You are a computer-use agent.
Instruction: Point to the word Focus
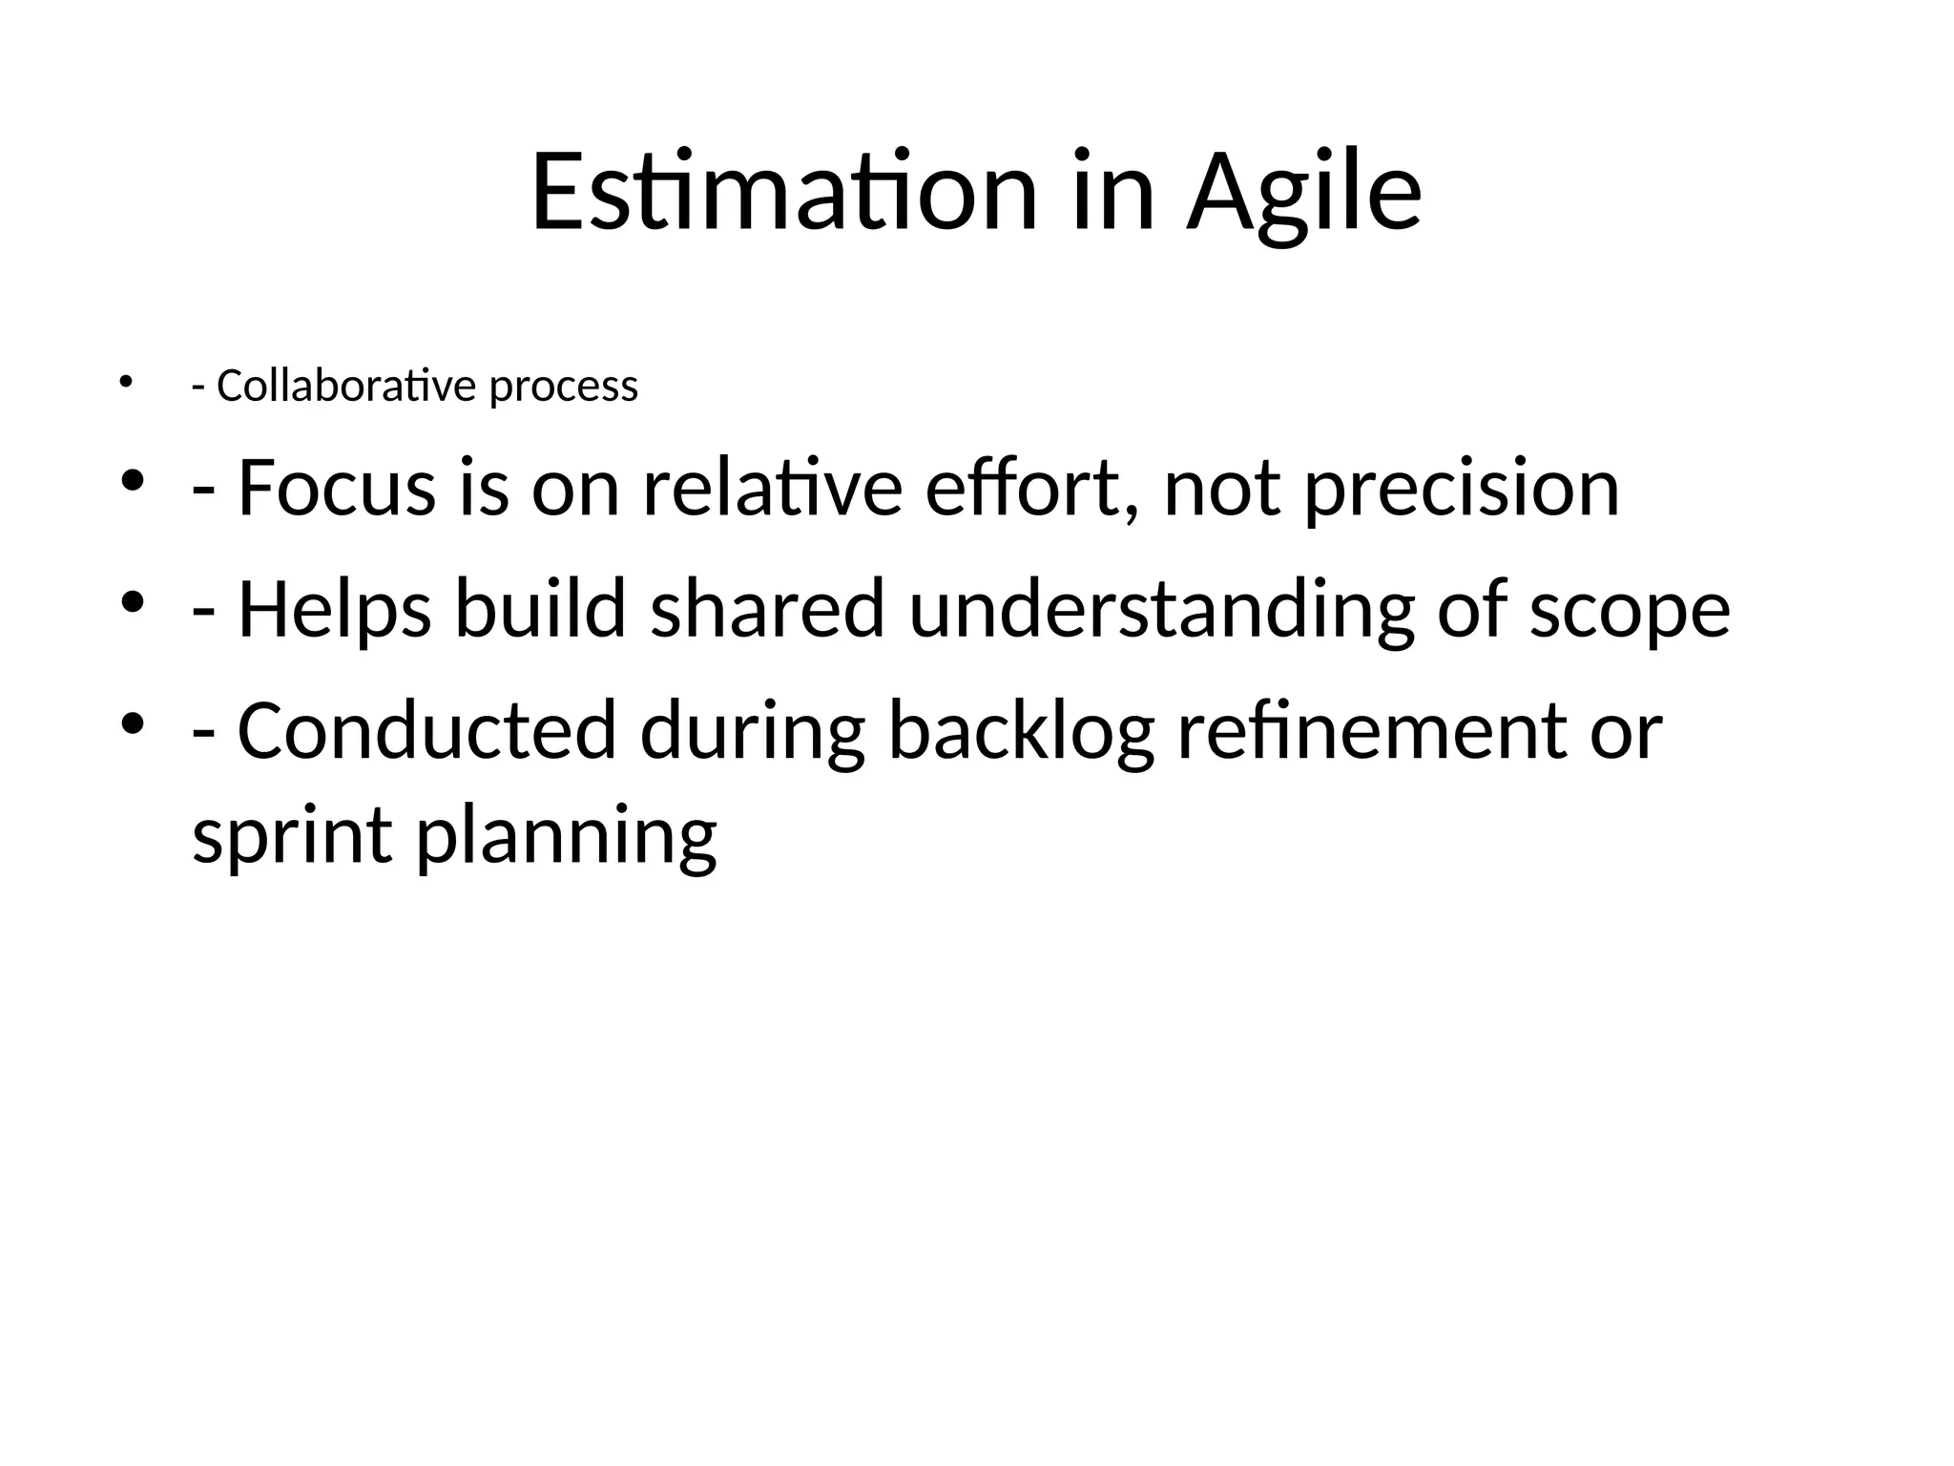pyautogui.click(x=336, y=488)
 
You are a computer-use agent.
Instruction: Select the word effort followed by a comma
pyautogui.click(x=1032, y=488)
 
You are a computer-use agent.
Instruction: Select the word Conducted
pyautogui.click(x=426, y=730)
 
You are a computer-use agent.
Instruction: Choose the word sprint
pyautogui.click(x=292, y=837)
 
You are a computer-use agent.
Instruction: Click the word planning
pyautogui.click(x=566, y=837)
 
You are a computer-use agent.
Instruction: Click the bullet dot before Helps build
pyautogui.click(x=132, y=602)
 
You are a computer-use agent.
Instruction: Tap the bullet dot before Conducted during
pyautogui.click(x=132, y=723)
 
